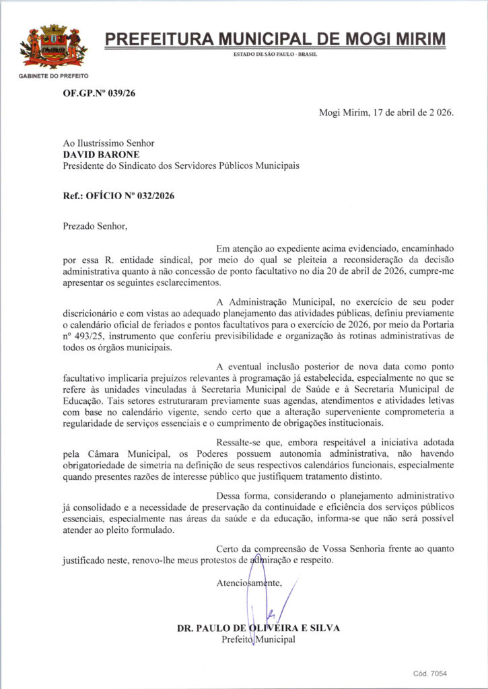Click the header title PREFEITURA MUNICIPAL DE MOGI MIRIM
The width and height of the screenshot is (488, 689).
pos(275,39)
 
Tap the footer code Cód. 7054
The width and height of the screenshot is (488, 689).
pos(430,674)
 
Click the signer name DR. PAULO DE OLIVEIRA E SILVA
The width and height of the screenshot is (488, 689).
pos(258,628)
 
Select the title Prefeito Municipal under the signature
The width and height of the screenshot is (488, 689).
pos(258,639)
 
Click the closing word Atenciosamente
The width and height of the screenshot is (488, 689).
pos(248,583)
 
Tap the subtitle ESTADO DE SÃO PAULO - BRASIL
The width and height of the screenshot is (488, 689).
pos(275,54)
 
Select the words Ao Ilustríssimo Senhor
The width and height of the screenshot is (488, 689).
pos(108,143)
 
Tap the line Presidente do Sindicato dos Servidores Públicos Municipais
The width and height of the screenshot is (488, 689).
pos(180,166)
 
